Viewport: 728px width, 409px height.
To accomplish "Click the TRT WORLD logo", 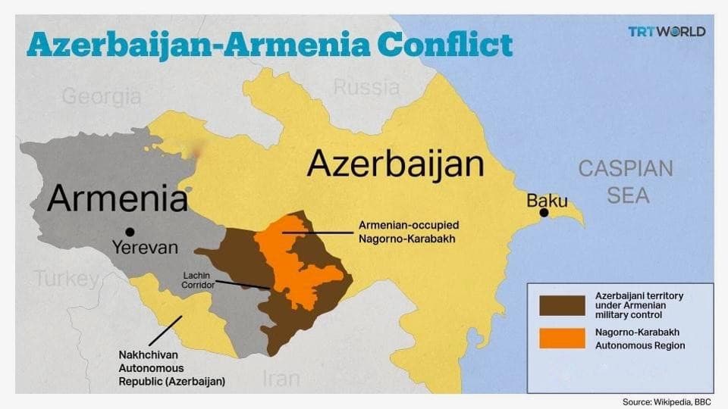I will tap(667, 32).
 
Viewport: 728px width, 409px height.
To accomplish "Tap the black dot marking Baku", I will tap(544, 213).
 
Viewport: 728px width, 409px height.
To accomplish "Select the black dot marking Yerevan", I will tap(130, 232).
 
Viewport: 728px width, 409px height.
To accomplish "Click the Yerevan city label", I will tap(145, 248).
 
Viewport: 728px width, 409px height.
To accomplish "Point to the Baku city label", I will tap(547, 200).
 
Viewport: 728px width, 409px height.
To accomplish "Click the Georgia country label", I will tap(101, 97).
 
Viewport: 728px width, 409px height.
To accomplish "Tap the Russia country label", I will tap(366, 87).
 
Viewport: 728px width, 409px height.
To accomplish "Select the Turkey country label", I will tap(66, 279).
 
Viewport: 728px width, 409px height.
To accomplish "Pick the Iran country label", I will tap(281, 379).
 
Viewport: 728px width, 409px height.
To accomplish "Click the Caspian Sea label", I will tap(626, 182).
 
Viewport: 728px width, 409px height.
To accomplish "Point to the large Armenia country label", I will tap(117, 198).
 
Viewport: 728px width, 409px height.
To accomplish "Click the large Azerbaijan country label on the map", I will tap(395, 164).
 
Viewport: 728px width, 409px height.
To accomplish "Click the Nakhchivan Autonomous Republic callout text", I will tap(171, 368).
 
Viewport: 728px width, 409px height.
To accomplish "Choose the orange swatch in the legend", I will tap(562, 339).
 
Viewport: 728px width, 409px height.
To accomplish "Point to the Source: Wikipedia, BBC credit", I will tap(662, 401).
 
